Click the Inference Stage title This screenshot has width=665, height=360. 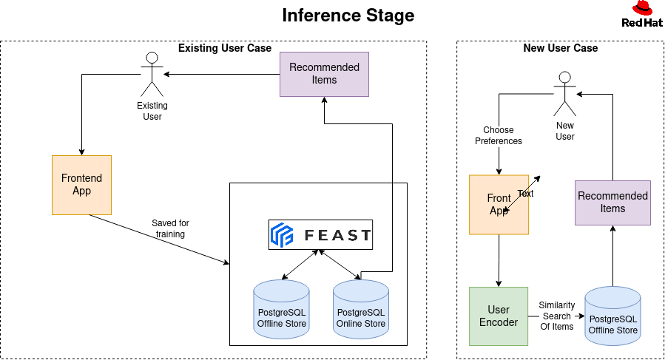pyautogui.click(x=348, y=16)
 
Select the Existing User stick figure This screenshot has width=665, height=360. pyautogui.click(x=152, y=70)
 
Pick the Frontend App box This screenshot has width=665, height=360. pyautogui.click(x=81, y=185)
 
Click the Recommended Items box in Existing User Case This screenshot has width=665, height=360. pyautogui.click(x=324, y=74)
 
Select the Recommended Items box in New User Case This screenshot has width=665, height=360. pyautogui.click(x=612, y=203)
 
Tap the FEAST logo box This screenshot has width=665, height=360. pyautogui.click(x=320, y=235)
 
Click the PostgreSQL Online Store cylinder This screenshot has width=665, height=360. pyautogui.click(x=361, y=309)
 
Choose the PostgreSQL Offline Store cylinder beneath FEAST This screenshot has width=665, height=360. pyautogui.click(x=281, y=309)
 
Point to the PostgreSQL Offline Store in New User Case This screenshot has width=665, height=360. pyautogui.click(x=612, y=316)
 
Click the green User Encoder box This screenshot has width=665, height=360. pyautogui.click(x=499, y=316)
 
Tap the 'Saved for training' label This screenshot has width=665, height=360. pyautogui.click(x=170, y=228)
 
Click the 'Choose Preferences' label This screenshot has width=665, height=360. pyautogui.click(x=498, y=135)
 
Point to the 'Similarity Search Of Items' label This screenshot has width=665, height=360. pyautogui.click(x=556, y=316)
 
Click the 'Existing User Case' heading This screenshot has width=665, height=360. pyautogui.click(x=225, y=48)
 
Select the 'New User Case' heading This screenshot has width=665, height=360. pyautogui.click(x=560, y=48)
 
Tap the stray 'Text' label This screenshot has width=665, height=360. pyautogui.click(x=525, y=194)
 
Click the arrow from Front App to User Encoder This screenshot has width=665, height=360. pyautogui.click(x=499, y=260)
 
